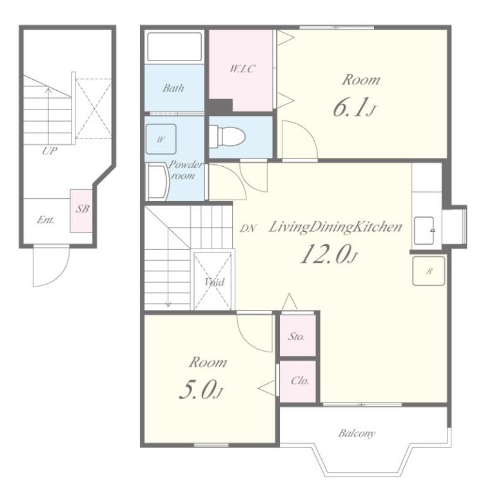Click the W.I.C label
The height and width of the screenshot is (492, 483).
(242, 68)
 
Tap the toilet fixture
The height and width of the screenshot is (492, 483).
(227, 136)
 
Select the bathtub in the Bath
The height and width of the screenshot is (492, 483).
(174, 47)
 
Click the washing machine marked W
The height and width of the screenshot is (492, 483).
(161, 139)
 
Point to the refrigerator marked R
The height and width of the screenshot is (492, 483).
(429, 271)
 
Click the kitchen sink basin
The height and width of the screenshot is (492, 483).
(424, 231)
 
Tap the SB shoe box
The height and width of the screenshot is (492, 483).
(81, 211)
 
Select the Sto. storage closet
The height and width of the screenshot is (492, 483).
(297, 336)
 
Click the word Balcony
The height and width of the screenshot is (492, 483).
(357, 433)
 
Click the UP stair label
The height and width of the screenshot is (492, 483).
(50, 151)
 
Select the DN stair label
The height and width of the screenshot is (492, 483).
(248, 229)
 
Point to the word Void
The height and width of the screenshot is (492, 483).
(214, 282)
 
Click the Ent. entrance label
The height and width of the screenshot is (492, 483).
(46, 220)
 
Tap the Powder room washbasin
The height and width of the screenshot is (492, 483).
(158, 182)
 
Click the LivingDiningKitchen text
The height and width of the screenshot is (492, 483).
(335, 227)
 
